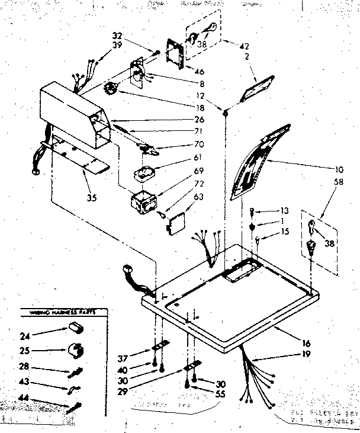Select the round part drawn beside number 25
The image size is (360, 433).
click(x=75, y=349)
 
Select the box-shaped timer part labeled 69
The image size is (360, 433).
click(x=142, y=203)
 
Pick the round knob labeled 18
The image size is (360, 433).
click(x=110, y=90)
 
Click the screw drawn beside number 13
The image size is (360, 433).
click(x=252, y=210)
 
